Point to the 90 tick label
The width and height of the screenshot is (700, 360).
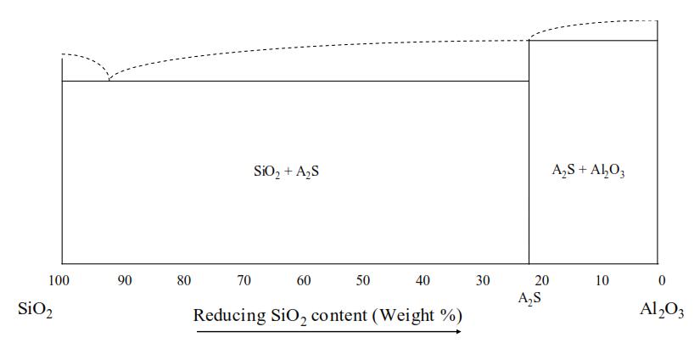[x=125, y=280]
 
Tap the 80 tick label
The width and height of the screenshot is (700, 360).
[x=184, y=280]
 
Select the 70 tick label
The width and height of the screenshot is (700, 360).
[x=244, y=280]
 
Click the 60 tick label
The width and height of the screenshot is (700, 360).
[x=304, y=280]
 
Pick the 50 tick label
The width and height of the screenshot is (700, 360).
[x=363, y=280]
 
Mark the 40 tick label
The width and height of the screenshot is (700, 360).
[x=423, y=280]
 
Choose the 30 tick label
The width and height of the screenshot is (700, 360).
[x=483, y=280]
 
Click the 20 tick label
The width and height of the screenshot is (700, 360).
[x=542, y=280]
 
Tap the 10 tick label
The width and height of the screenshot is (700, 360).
[x=602, y=280]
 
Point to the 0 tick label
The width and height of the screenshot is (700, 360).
[x=662, y=280]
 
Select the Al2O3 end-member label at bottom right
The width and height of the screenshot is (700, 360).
[x=661, y=310]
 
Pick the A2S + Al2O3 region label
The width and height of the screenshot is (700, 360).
[x=588, y=171]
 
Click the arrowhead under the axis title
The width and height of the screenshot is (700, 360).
[x=458, y=332]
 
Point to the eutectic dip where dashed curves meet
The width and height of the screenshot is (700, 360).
[x=109, y=80]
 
